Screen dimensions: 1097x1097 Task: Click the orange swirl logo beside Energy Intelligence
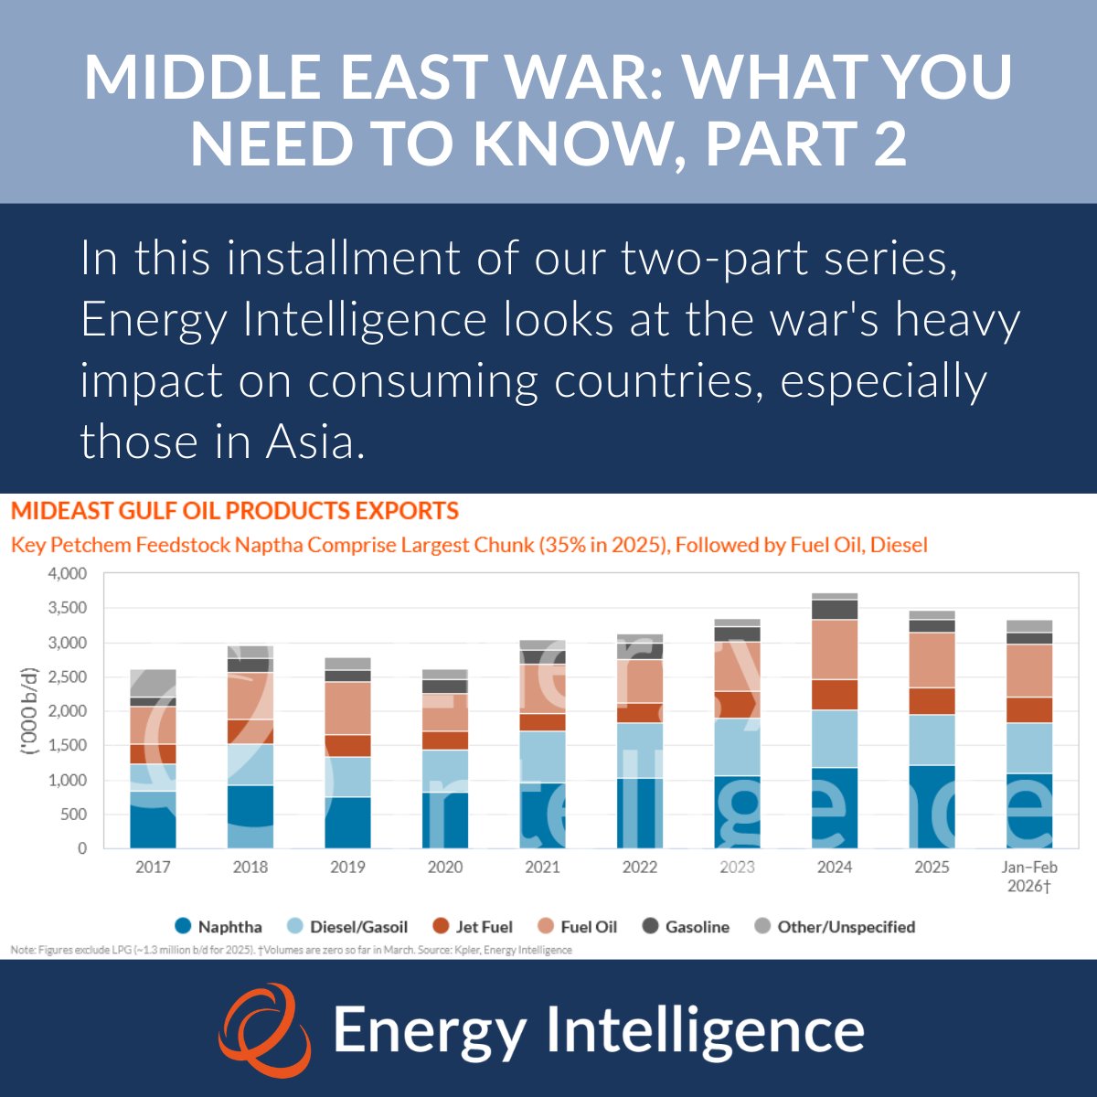[x=263, y=1030]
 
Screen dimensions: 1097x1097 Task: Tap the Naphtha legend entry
[x=218, y=926]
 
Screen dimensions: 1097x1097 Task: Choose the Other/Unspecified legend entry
[x=835, y=926]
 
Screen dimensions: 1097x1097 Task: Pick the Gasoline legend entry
[x=687, y=926]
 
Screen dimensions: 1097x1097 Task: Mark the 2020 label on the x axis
[x=445, y=867]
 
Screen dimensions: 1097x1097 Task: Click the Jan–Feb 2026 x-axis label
[x=1029, y=876]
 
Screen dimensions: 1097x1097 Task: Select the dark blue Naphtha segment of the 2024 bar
[x=835, y=807]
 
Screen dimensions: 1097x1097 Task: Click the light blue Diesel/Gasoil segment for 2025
[x=932, y=740]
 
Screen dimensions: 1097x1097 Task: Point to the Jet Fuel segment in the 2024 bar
[x=835, y=695]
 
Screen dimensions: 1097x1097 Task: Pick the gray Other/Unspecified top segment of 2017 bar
[x=153, y=683]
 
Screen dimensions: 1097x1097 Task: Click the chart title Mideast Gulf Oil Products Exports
[x=235, y=511]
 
